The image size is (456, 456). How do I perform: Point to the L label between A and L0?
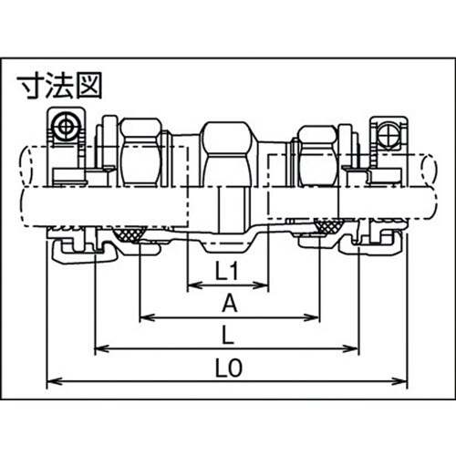[x=227, y=335]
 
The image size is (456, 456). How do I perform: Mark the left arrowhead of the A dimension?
[x=144, y=318]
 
